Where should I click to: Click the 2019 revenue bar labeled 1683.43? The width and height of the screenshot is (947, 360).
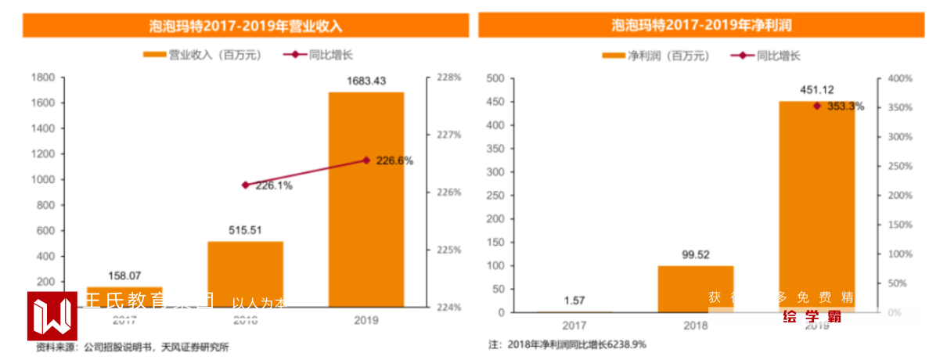(366, 199)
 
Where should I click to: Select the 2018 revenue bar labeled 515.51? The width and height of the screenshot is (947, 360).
(245, 273)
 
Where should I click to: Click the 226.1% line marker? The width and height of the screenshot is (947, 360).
(246, 185)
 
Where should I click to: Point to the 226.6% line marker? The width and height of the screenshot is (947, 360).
(366, 160)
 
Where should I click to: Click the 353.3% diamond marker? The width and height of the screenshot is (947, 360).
(816, 106)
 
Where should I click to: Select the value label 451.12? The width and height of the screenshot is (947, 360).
(816, 89)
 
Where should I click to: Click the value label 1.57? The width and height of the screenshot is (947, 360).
(574, 300)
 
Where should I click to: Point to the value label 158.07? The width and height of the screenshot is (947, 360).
(124, 275)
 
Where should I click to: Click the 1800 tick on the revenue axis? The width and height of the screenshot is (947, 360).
(43, 77)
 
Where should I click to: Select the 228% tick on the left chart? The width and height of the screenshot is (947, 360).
(449, 77)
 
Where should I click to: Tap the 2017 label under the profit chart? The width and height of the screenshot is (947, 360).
(574, 325)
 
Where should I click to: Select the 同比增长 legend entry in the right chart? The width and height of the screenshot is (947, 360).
(766, 56)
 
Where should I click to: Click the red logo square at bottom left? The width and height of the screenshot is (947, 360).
(52, 317)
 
